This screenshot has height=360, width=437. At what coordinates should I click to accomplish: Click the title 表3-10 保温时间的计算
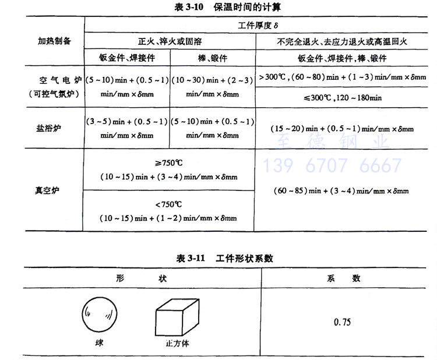(218, 8)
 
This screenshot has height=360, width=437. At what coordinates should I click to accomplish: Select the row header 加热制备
(54, 41)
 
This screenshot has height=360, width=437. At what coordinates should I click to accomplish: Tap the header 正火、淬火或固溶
(169, 42)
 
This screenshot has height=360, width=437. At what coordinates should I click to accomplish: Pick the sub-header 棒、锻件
(212, 58)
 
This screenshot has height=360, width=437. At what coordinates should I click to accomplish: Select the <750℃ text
(168, 205)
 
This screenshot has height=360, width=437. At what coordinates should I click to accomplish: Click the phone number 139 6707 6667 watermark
(333, 165)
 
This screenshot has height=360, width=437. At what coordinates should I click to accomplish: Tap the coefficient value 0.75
(342, 322)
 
